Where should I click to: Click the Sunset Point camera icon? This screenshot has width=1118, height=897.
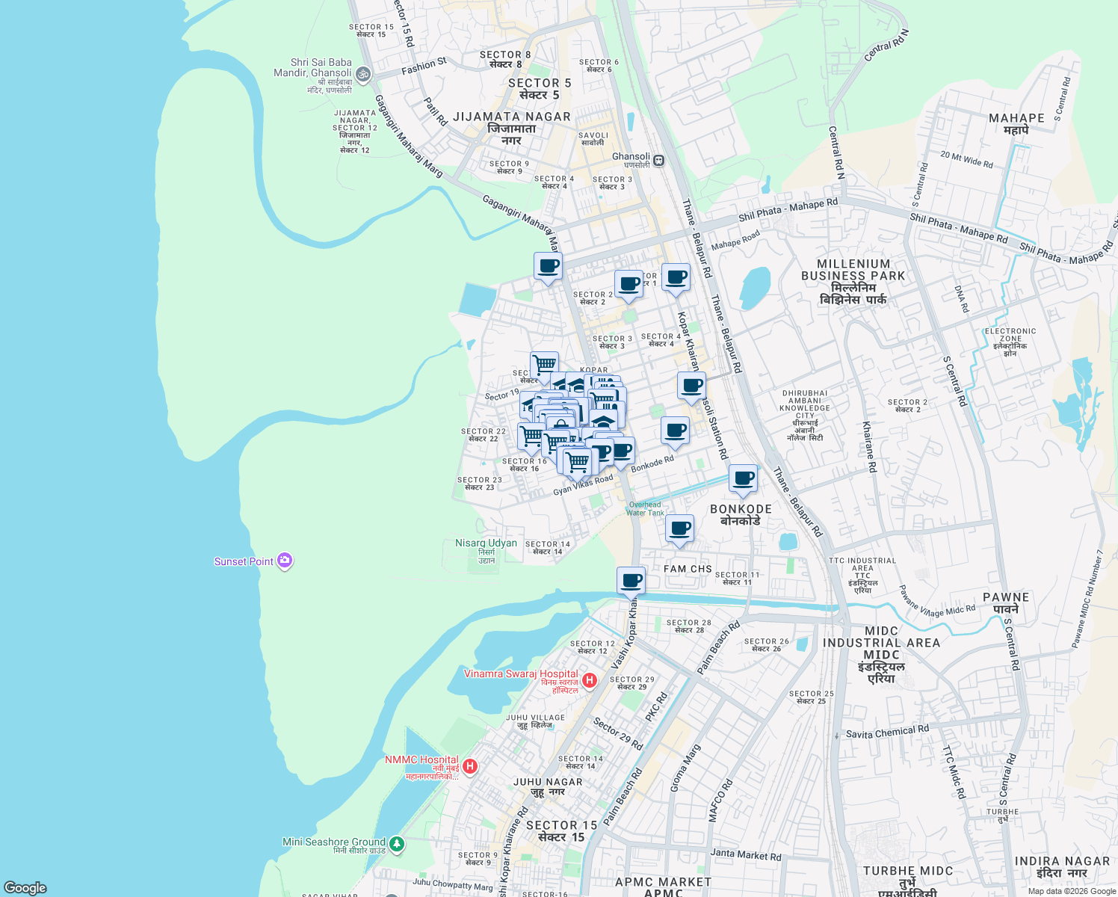tap(284, 561)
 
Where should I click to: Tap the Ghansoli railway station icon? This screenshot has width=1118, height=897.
tap(658, 160)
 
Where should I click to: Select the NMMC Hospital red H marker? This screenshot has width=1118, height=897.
tap(470, 766)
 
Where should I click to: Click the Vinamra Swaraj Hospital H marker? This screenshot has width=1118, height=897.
tap(590, 679)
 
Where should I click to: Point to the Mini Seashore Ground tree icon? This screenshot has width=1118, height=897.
tap(397, 844)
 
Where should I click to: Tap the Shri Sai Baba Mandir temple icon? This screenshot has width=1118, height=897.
tap(363, 73)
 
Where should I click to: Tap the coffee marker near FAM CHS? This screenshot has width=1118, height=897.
tap(679, 528)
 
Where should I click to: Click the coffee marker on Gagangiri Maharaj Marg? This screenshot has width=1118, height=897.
tap(548, 266)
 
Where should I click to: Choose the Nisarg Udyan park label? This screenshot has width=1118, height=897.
tap(487, 543)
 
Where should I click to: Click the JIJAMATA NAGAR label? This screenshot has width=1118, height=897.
tap(512, 117)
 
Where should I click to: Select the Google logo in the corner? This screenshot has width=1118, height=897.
tap(25, 887)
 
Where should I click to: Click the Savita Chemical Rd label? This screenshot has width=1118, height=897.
tap(887, 732)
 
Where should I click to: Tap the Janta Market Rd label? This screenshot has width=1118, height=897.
tap(745, 854)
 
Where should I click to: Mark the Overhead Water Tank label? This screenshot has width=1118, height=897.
tap(645, 508)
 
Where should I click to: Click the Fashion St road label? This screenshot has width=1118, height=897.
tap(424, 67)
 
